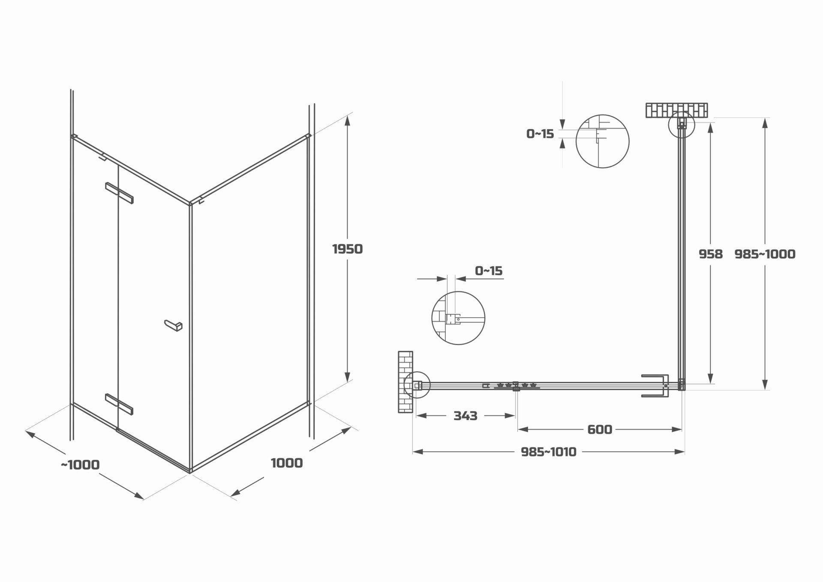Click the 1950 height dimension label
(347, 249)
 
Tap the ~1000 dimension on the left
(80, 465)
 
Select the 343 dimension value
(465, 416)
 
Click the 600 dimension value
(599, 429)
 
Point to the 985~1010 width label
(548, 452)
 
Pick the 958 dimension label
(710, 254)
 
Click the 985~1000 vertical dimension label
(765, 254)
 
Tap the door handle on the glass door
(174, 326)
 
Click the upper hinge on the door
(119, 193)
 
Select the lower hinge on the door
(119, 404)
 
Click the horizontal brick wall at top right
(677, 110)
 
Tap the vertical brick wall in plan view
(405, 382)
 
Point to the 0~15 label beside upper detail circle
(540, 134)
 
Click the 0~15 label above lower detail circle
(488, 271)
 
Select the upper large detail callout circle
(602, 141)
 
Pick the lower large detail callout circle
(458, 318)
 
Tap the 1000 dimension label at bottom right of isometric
(287, 463)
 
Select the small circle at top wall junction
(681, 125)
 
